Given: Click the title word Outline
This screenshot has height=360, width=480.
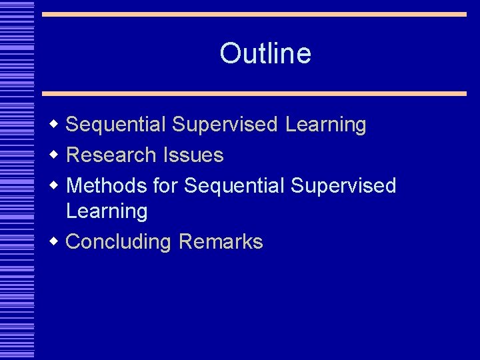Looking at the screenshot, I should coord(265,53).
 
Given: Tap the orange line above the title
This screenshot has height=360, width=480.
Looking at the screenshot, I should coord(254,14).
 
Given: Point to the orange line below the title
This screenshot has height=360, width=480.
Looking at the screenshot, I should coord(254,93).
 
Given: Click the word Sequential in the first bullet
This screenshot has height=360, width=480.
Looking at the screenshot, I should coord(116,125).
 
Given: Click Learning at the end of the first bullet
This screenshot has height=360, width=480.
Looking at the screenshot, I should coord(325,125).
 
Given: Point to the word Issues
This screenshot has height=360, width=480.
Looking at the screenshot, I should coord(193,155).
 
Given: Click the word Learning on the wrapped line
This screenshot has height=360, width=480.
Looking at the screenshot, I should coord(107,211).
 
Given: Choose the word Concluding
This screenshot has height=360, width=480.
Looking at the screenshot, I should coord(119,241).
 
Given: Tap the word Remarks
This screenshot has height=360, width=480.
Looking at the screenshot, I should coord(221,241).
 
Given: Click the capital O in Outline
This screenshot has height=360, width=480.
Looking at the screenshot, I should coord(230,53).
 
